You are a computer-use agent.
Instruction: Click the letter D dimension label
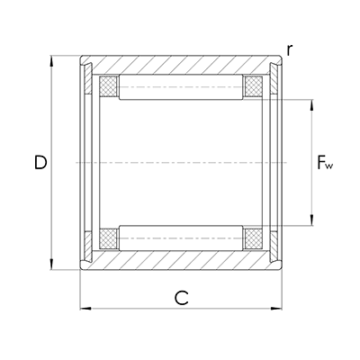(x=40, y=163)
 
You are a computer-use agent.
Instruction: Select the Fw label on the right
(x=326, y=164)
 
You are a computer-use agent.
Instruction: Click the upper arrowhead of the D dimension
(x=52, y=62)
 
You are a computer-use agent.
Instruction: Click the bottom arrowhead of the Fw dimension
(x=311, y=221)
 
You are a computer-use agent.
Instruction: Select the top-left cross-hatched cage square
(x=109, y=87)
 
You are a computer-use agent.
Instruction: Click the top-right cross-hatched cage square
(x=252, y=87)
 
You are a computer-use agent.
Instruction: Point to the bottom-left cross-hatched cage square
(x=109, y=238)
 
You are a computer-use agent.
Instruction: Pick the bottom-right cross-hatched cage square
(x=252, y=238)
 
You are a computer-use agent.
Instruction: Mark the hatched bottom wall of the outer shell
(x=180, y=260)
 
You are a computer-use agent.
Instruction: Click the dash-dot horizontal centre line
(x=180, y=163)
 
